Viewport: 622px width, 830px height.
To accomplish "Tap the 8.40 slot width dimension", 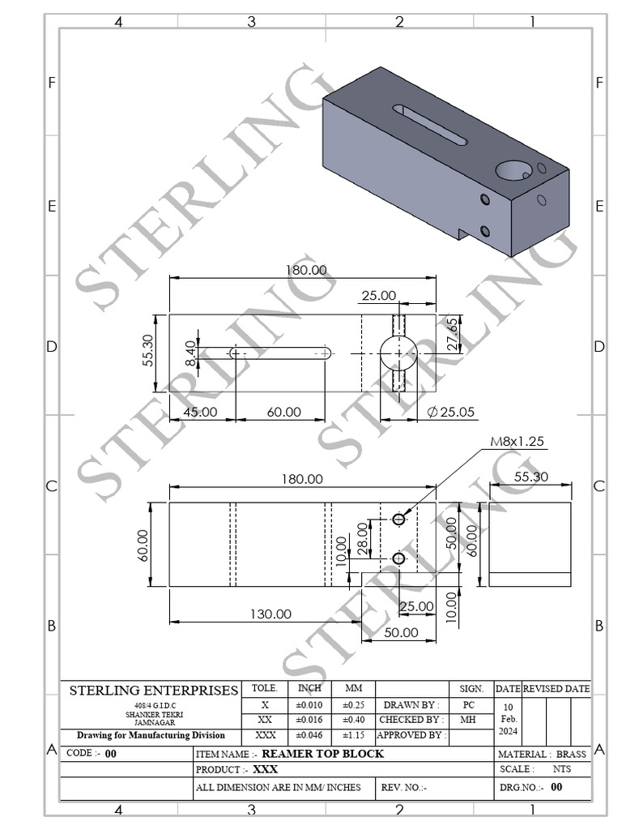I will click(x=190, y=353).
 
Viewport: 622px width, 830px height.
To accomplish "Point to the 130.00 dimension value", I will click(x=270, y=614).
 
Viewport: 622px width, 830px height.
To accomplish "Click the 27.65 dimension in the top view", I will click(x=453, y=334).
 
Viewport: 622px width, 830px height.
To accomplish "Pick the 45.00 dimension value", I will click(x=200, y=412).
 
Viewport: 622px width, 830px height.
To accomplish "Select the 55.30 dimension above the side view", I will click(x=530, y=477).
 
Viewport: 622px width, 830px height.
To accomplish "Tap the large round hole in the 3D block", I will click(x=511, y=170).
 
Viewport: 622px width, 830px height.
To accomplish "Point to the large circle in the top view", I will click(x=398, y=353).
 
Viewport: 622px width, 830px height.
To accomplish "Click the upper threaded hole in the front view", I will click(x=398, y=519).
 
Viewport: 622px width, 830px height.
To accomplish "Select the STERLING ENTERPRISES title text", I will click(x=154, y=691).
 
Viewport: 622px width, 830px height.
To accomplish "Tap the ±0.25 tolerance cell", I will click(x=354, y=705).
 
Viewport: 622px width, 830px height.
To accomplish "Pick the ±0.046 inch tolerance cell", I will click(x=309, y=735).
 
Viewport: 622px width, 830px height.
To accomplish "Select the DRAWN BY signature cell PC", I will click(x=468, y=705).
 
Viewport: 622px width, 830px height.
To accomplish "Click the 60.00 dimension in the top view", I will click(x=283, y=412).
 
